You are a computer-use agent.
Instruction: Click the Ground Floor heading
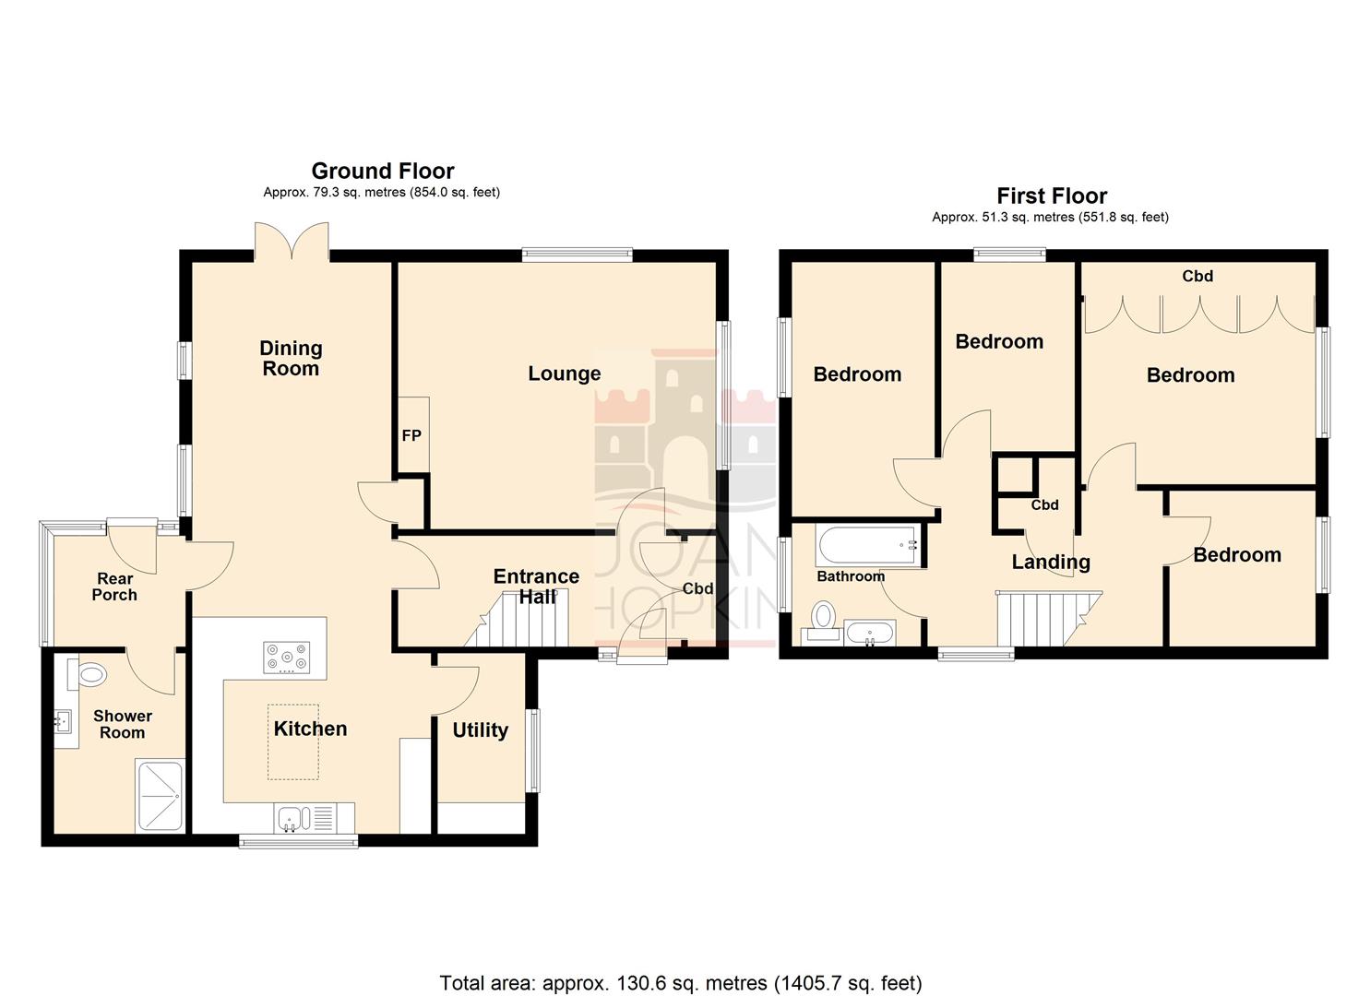(x=382, y=172)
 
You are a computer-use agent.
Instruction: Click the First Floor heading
(x=1051, y=196)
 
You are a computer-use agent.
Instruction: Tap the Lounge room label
(x=564, y=373)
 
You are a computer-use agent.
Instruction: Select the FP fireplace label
(x=411, y=435)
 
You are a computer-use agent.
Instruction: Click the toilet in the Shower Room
(x=90, y=674)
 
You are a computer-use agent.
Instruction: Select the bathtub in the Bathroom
(x=866, y=545)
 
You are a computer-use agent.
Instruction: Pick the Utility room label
(x=480, y=730)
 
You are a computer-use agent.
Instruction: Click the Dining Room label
(x=291, y=359)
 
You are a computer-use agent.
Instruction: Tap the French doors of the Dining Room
(x=292, y=242)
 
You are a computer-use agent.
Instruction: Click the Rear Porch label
(x=114, y=587)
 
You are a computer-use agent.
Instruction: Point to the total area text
(x=681, y=983)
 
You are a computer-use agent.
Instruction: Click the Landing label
(x=1051, y=563)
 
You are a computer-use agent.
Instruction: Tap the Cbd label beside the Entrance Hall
(x=697, y=589)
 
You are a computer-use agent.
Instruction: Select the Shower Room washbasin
(x=65, y=721)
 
